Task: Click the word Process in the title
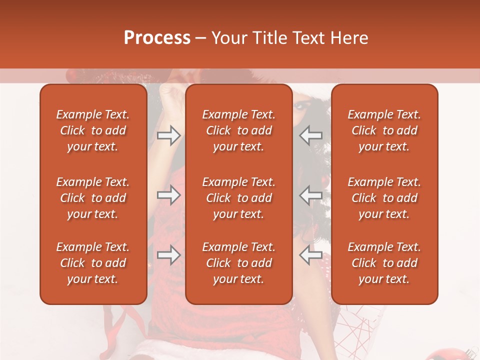click(x=157, y=38)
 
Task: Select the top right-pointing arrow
click(x=168, y=135)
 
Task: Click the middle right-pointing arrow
click(x=168, y=195)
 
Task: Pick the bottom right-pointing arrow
click(x=168, y=255)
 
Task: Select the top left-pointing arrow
click(x=311, y=135)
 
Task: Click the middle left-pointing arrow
click(x=311, y=195)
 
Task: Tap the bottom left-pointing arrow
click(x=311, y=255)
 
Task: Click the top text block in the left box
click(x=93, y=130)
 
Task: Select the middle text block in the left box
click(x=93, y=198)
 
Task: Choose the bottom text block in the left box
click(x=93, y=263)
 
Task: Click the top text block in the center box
click(x=238, y=130)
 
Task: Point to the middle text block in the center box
click(x=238, y=198)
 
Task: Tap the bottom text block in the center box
click(x=238, y=263)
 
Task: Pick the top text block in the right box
click(x=384, y=130)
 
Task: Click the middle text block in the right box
click(x=384, y=198)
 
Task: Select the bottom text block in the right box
click(x=384, y=263)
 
